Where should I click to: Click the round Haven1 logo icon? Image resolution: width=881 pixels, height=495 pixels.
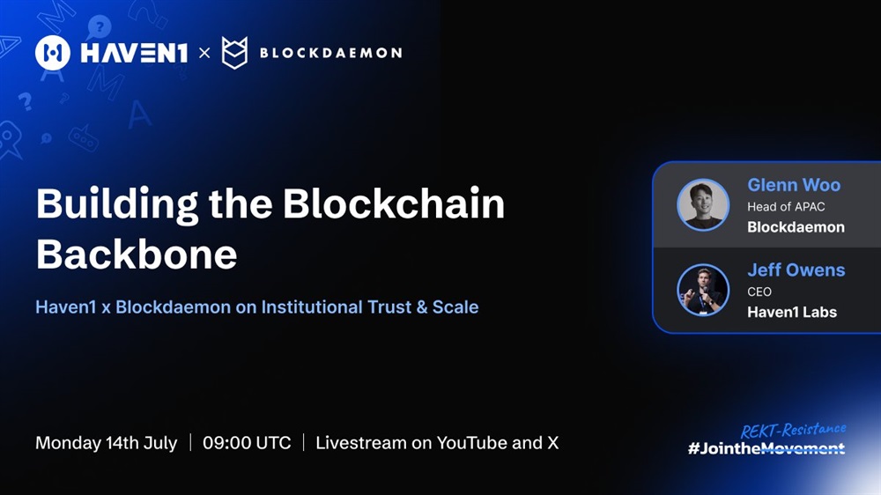(53, 53)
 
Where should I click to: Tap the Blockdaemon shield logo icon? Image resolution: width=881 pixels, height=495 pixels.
(234, 53)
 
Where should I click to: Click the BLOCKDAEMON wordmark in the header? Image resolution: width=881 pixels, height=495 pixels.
(331, 53)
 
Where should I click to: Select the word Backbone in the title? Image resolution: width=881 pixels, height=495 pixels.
(137, 255)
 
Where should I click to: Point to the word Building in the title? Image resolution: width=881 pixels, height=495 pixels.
(117, 205)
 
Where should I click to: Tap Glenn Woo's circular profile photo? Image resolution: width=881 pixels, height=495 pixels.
(703, 204)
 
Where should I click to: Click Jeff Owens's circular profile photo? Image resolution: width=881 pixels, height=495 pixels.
(703, 290)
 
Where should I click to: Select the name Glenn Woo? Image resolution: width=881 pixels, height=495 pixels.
(794, 185)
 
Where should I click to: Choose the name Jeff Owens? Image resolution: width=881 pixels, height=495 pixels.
(796, 270)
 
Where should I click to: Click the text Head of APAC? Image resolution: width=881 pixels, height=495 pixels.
(786, 207)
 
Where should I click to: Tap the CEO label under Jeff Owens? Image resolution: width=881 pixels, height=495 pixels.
(759, 292)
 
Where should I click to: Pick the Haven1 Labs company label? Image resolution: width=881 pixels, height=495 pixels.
(792, 312)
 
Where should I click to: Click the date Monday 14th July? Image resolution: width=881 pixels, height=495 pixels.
(107, 443)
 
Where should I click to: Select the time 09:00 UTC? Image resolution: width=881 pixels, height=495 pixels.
(247, 443)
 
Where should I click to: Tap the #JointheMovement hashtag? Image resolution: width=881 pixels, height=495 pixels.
(766, 448)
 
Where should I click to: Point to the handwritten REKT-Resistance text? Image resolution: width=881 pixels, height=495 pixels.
(794, 431)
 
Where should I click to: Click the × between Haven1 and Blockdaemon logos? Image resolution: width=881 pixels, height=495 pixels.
(204, 53)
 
